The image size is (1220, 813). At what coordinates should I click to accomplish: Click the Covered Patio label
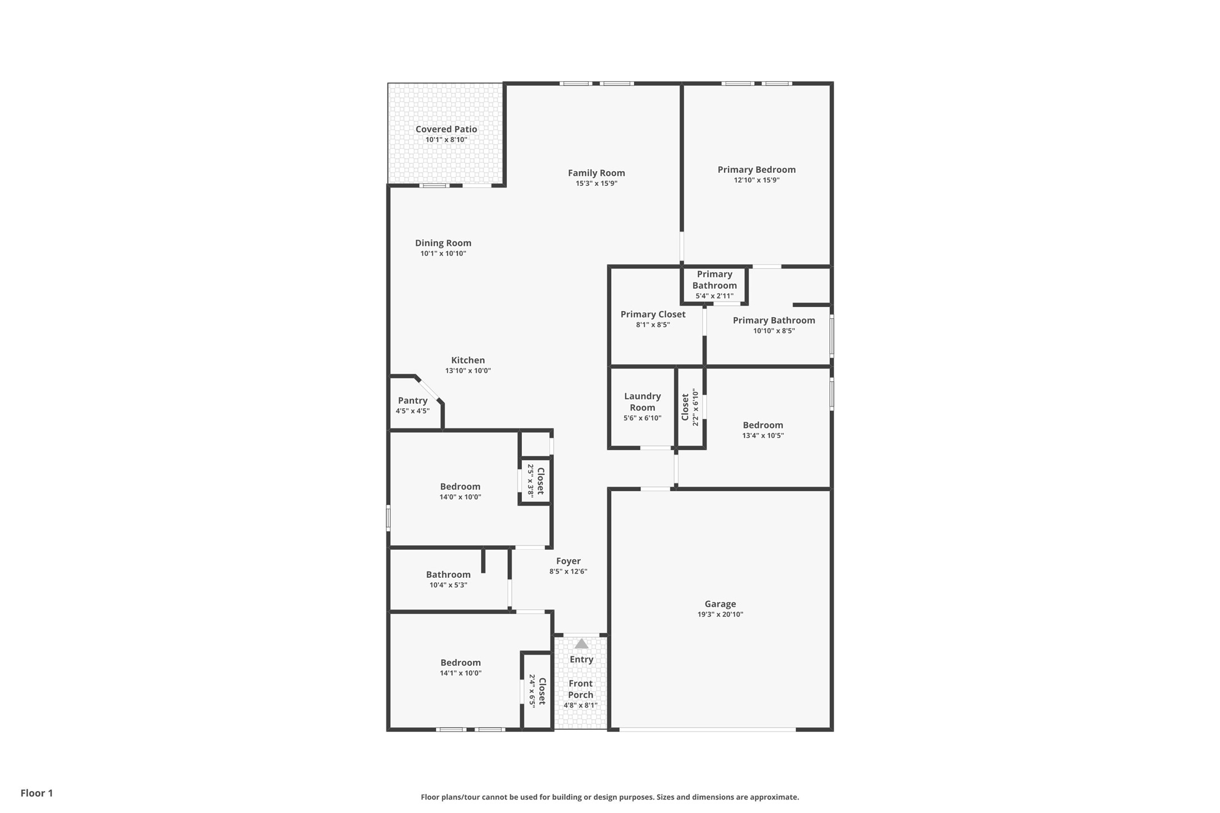coord(446,129)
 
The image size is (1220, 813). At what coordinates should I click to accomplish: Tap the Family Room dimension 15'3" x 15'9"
coord(596,184)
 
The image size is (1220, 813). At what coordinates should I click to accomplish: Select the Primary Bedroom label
coord(756,170)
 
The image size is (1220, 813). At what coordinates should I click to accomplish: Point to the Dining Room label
coord(443,243)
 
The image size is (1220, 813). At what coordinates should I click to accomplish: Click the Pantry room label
coord(412,400)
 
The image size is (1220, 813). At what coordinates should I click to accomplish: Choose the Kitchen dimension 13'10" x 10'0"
coord(467,371)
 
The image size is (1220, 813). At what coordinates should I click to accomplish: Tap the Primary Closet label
coord(653,314)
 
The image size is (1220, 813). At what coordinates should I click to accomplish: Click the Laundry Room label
coord(642,402)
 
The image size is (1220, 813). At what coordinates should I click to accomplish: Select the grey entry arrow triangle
coord(581,644)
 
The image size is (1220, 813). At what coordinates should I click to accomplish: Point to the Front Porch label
coord(580,689)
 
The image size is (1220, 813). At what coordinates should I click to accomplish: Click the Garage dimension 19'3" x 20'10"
coord(720,614)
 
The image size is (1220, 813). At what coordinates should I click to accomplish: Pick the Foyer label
coord(568,561)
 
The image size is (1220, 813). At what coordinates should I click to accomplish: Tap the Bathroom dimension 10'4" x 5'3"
coord(448,585)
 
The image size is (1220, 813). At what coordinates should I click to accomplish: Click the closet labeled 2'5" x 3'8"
coord(535,481)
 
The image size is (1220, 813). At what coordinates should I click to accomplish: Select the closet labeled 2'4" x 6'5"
coord(537,691)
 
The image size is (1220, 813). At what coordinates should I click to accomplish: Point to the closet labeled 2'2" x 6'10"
coord(690,407)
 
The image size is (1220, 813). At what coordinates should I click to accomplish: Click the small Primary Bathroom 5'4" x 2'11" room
coord(714,285)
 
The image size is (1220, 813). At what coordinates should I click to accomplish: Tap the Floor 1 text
coord(37,793)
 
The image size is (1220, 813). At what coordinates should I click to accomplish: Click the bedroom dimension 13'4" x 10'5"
coord(762,436)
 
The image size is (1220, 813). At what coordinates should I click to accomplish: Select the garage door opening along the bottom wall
coord(707,729)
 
